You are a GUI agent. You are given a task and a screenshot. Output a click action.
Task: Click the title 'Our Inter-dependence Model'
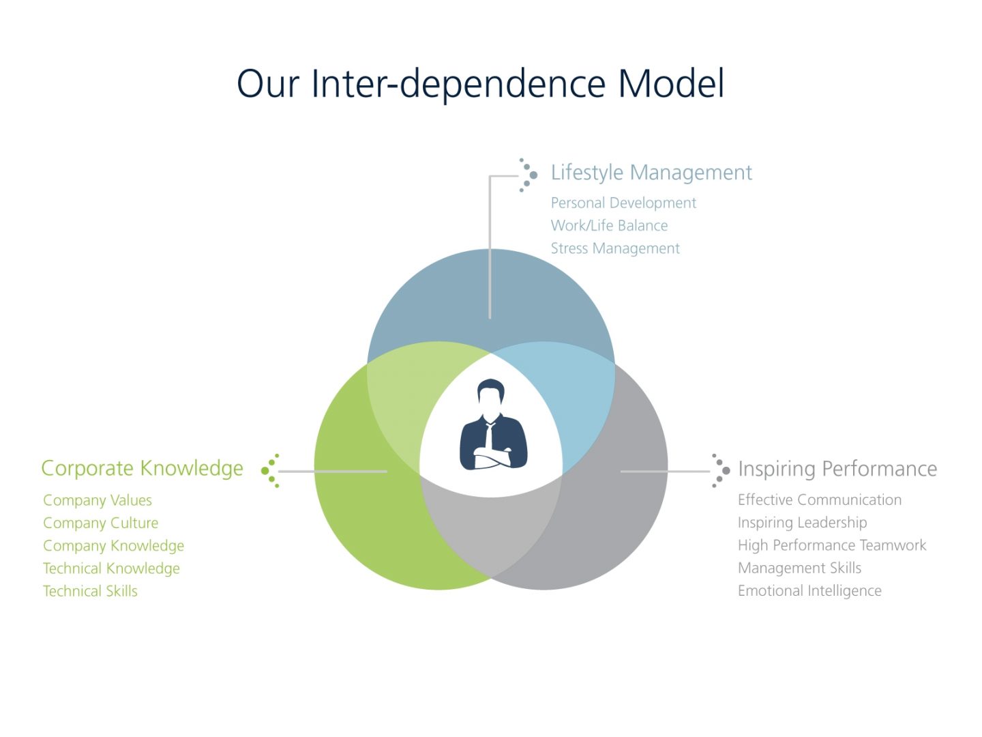480,84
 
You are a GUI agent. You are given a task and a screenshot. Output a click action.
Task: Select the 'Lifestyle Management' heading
651,173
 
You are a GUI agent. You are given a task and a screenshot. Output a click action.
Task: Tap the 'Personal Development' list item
623,203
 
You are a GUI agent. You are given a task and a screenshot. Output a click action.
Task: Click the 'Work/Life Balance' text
609,226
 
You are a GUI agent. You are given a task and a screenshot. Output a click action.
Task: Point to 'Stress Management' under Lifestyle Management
615,248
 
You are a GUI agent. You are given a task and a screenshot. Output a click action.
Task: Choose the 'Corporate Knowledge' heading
142,469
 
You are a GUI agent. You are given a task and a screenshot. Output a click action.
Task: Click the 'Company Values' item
98,500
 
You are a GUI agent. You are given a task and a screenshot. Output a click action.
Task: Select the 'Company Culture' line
100,523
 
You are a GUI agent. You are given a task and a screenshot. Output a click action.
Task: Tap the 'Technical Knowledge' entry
111,568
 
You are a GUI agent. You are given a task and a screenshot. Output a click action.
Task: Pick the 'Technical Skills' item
90,592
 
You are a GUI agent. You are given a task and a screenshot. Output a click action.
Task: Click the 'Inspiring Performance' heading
837,469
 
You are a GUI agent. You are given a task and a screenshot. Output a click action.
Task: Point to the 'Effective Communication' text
819,500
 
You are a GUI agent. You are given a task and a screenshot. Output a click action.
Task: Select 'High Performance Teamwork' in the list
831,545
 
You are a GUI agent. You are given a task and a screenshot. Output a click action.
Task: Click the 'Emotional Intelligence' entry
809,591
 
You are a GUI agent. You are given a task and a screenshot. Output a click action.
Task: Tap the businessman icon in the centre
493,426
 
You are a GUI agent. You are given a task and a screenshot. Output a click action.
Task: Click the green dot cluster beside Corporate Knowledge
271,471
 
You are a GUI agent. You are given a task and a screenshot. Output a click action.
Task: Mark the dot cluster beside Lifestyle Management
527,175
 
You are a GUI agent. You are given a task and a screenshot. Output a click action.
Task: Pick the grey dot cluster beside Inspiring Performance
720,471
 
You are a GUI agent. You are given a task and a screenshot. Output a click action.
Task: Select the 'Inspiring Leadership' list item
802,523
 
